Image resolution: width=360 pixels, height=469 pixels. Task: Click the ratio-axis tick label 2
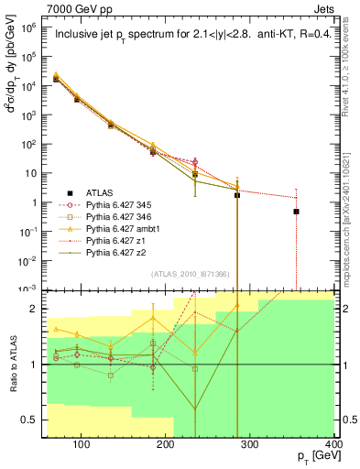[x=36, y=309]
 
